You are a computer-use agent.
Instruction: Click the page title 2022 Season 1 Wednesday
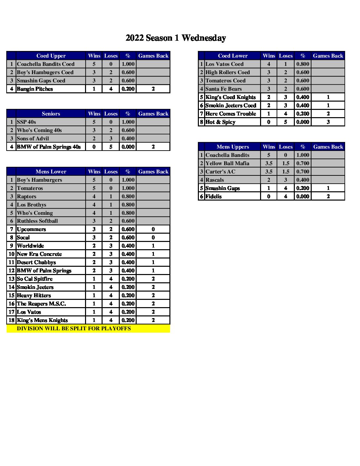(176, 38)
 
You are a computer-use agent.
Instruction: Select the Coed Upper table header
(51, 56)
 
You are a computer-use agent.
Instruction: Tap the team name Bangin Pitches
(35, 89)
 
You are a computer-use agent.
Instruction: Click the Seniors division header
(51, 114)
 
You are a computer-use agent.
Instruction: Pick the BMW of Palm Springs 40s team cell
(49, 147)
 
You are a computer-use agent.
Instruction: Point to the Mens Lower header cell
(51, 171)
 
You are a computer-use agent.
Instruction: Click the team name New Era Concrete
(39, 254)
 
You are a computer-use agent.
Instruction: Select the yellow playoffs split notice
(74, 328)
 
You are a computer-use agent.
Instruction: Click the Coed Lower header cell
(233, 56)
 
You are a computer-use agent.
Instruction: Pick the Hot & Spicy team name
(220, 122)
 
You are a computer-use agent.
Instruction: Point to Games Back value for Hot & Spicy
(328, 122)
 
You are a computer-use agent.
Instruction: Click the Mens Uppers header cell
(233, 147)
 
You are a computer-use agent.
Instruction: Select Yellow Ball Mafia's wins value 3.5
(269, 163)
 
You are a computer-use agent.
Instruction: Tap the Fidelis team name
(213, 196)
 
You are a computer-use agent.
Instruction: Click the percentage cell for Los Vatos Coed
(303, 64)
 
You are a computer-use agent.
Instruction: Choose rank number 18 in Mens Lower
(12, 320)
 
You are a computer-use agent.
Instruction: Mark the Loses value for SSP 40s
(111, 122)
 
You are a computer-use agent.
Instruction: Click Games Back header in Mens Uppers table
(328, 147)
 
